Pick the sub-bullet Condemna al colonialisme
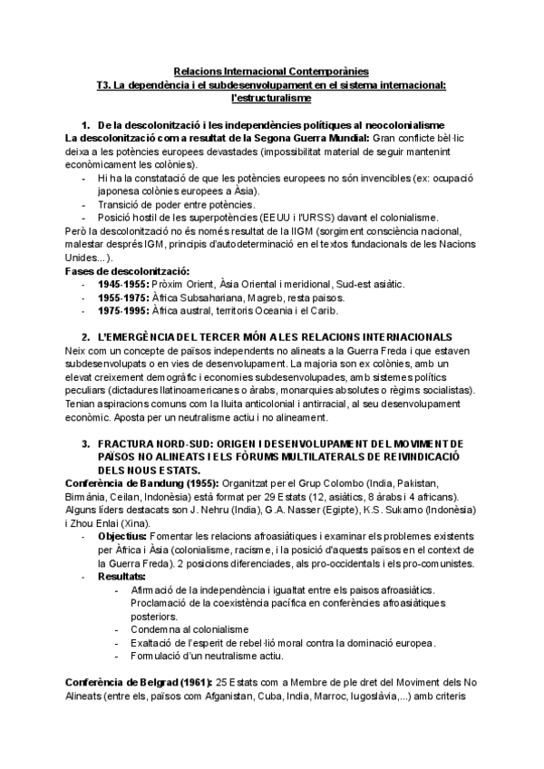click(x=186, y=629)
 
